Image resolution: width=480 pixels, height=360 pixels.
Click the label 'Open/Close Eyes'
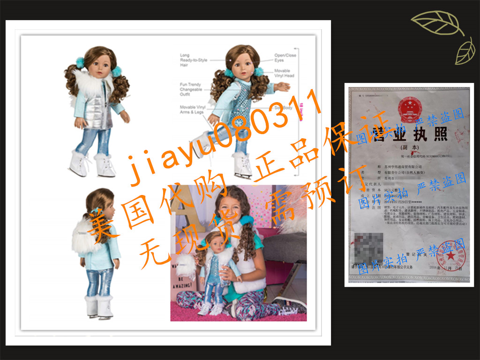click(x=285, y=58)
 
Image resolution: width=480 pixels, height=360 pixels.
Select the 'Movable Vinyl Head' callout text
click(x=284, y=73)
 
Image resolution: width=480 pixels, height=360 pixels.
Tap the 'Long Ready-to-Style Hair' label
click(x=191, y=60)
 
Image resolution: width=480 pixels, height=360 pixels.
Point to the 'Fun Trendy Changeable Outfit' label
click(x=191, y=89)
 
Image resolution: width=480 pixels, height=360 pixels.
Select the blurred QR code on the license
click(x=369, y=247)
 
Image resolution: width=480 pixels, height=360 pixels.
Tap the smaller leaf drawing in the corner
click(x=465, y=52)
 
